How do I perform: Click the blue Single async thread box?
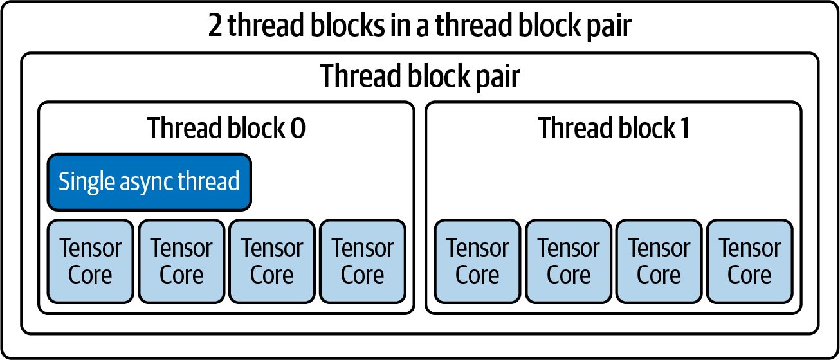149,182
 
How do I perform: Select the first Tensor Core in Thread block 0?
91,262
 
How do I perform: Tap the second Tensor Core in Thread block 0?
181,262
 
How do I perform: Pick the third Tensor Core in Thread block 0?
272,262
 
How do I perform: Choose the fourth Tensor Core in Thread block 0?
363,262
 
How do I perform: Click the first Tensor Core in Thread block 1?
477,262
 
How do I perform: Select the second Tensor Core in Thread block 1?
569,262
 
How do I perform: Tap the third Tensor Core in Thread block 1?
659,262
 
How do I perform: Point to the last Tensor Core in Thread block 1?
750,262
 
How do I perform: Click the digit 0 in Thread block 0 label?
298,128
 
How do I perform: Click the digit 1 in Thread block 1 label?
684,128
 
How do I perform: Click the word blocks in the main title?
347,24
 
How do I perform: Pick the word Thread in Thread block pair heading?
361,76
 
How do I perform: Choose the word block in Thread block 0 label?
257,127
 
